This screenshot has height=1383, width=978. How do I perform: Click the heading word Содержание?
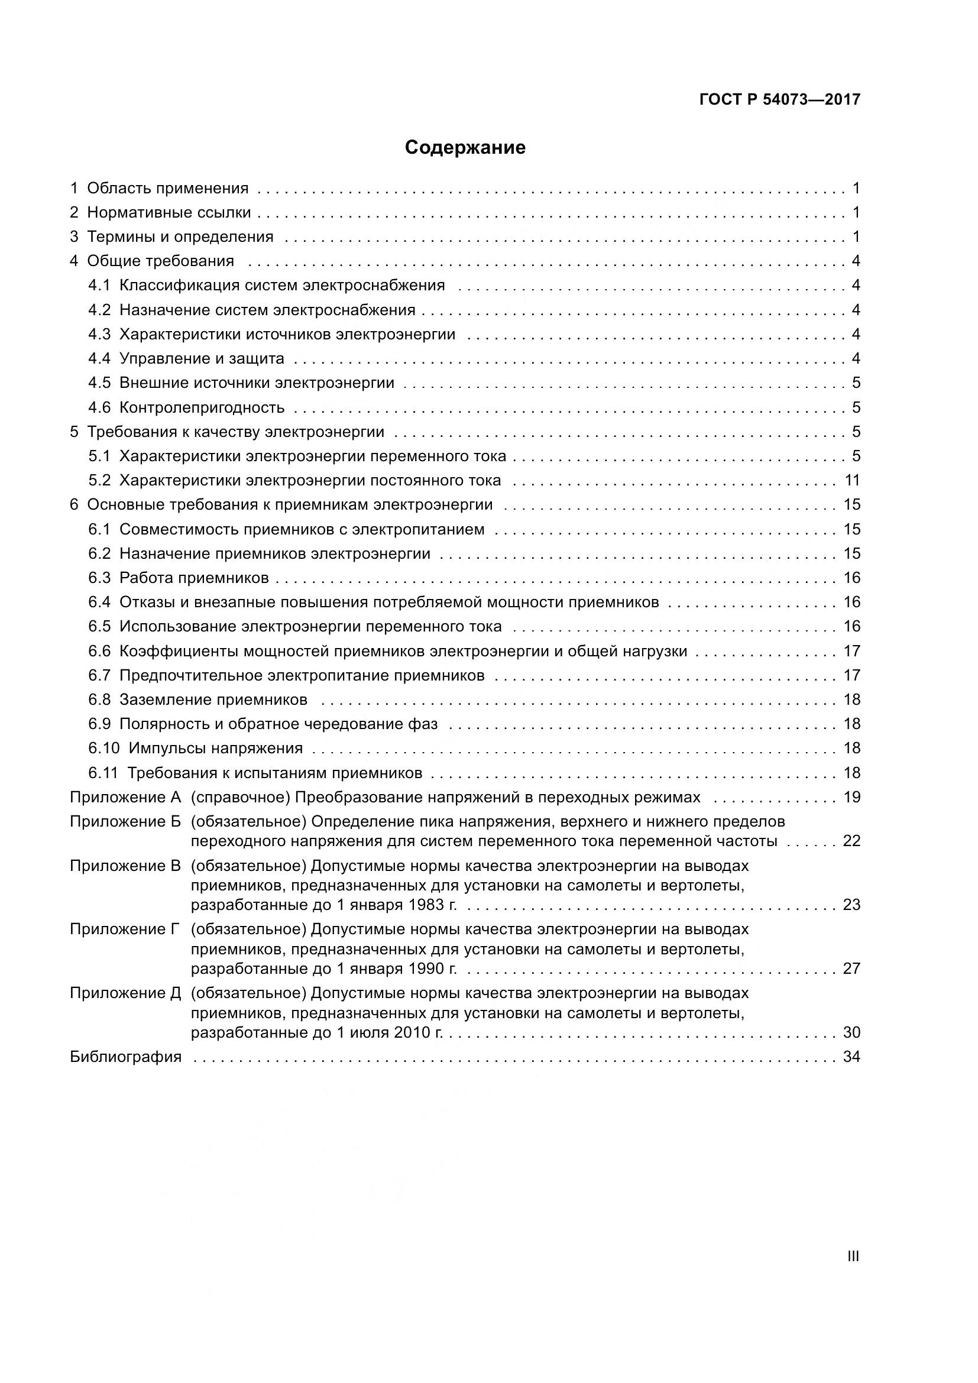point(464,148)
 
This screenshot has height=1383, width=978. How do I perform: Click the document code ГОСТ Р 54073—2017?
point(780,99)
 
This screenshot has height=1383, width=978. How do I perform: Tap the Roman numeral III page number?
point(853,1256)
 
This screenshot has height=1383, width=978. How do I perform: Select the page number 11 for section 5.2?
point(851,481)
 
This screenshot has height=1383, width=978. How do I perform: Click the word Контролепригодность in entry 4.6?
point(202,408)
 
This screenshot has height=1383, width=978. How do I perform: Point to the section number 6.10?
point(104,748)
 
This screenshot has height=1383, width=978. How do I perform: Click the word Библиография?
point(125,1057)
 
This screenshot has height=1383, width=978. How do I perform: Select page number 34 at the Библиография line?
point(851,1057)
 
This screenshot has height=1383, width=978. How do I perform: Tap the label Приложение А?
point(125,798)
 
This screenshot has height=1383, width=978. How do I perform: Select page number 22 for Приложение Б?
point(851,841)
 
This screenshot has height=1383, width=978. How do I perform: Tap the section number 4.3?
point(99,334)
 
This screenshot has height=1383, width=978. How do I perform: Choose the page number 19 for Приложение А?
point(851,798)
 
